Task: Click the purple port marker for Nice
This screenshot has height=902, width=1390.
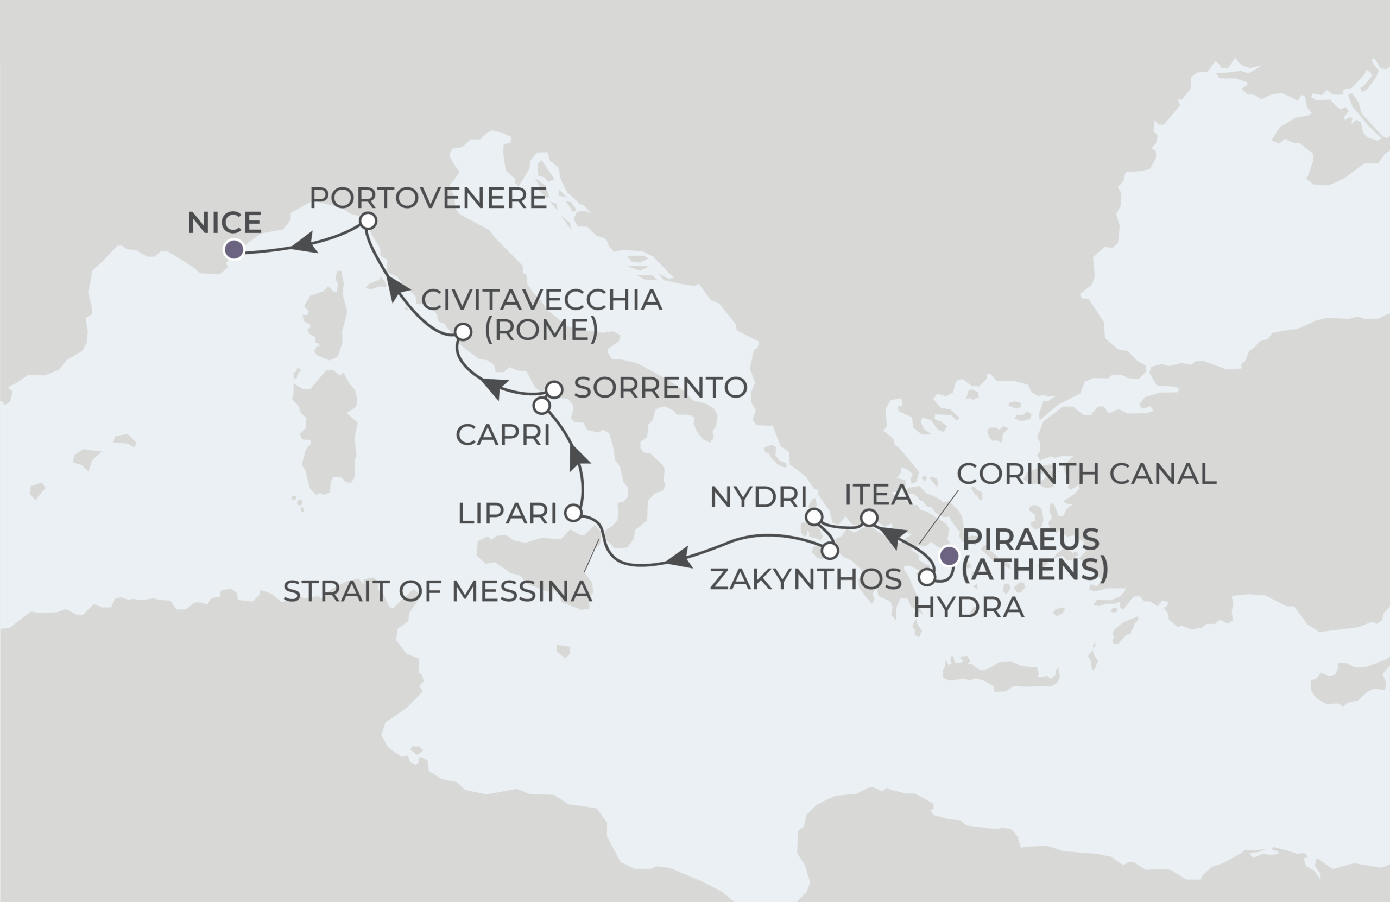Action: [234, 250]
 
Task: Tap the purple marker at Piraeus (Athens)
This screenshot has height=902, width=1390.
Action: [949, 555]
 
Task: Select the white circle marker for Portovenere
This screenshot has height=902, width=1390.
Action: [368, 221]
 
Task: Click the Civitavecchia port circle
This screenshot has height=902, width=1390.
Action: [463, 332]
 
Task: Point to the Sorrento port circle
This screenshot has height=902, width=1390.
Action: [554, 389]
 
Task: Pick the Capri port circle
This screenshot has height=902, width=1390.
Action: [541, 406]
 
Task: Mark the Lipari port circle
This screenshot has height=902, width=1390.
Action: [573, 513]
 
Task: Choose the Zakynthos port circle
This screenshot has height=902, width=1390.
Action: [830, 550]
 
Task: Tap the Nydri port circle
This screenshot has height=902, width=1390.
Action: [813, 516]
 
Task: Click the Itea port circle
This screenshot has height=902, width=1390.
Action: [869, 518]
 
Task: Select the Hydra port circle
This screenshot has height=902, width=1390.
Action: [927, 578]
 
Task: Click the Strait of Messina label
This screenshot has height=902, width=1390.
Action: [438, 591]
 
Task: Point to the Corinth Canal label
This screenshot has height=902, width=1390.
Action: [1086, 473]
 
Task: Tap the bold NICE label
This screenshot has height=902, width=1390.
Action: [224, 223]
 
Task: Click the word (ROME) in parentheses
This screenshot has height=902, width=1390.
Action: [541, 330]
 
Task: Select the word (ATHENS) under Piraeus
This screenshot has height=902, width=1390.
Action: [1035, 569]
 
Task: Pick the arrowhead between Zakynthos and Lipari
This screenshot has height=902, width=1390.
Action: [679, 558]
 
